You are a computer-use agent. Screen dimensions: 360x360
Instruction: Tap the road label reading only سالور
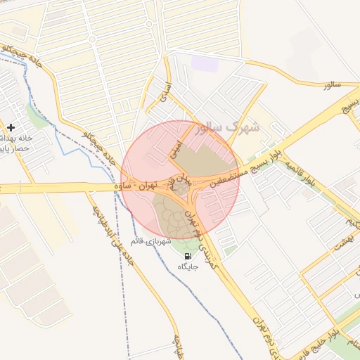tap(333, 85)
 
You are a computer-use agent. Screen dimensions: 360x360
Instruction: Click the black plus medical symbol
tap(11, 127)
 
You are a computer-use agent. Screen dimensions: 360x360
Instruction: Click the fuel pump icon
tap(188, 256)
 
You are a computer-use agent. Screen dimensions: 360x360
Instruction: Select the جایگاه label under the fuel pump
tap(188, 267)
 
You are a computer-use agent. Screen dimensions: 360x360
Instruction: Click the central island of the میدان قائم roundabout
tap(181, 188)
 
